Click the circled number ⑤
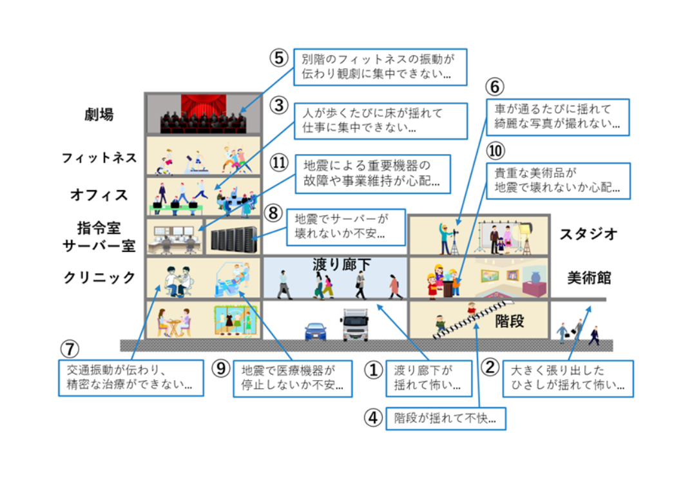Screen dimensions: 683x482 click(279, 58)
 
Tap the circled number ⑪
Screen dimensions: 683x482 click(279, 163)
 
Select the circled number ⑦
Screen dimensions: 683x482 click(70, 349)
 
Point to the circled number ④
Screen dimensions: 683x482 click(373, 418)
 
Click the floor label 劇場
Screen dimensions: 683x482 click(99, 115)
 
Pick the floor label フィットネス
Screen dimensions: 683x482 click(99, 158)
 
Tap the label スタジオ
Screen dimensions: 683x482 click(588, 234)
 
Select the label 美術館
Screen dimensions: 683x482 click(589, 278)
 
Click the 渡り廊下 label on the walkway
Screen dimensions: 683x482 click(341, 265)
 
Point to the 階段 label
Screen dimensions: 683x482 click(509, 321)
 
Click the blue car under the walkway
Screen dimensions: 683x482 click(316, 331)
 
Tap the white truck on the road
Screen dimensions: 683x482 click(356, 325)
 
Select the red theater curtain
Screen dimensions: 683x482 click(204, 106)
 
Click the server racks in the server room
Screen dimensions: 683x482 click(234, 240)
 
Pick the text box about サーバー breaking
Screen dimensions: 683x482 click(346, 227)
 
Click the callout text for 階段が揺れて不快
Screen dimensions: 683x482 click(446, 419)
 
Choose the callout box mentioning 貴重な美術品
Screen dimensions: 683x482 click(558, 181)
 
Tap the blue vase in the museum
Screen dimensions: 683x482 click(535, 278)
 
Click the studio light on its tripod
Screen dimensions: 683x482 click(526, 238)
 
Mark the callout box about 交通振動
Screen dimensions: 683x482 click(131, 378)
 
